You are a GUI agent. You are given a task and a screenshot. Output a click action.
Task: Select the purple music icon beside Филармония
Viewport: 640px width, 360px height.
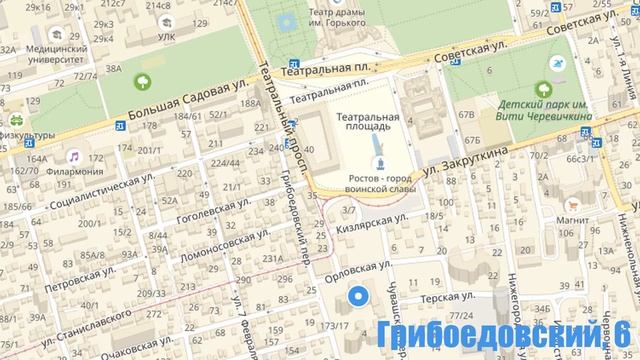pyautogui.click(x=74, y=157)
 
